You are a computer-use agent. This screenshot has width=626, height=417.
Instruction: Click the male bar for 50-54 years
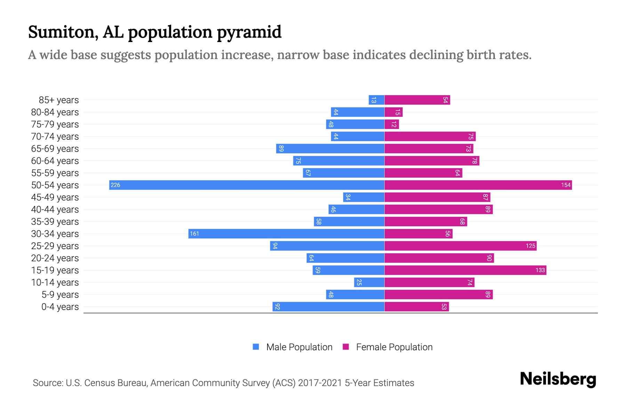pyautogui.click(x=247, y=185)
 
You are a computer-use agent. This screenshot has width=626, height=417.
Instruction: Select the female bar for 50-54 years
pyautogui.click(x=478, y=185)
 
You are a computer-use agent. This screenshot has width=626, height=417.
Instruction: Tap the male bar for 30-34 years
pyautogui.click(x=286, y=234)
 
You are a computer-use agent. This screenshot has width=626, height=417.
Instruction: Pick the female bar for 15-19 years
pyautogui.click(x=465, y=270)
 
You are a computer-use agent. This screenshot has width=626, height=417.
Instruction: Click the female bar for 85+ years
pyautogui.click(x=417, y=100)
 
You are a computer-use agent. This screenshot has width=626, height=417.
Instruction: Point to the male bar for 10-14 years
pyautogui.click(x=369, y=282)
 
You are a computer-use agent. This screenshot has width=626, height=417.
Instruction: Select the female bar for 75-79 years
pyautogui.click(x=392, y=124)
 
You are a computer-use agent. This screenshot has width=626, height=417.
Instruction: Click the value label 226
pyautogui.click(x=115, y=185)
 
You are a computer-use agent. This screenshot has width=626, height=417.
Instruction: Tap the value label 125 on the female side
pyautogui.click(x=530, y=246)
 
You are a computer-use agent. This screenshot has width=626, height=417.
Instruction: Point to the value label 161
pyautogui.click(x=194, y=234)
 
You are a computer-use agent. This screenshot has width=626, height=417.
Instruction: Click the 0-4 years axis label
pyautogui.click(x=60, y=307)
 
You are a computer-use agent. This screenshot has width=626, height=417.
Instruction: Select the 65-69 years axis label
pyautogui.click(x=55, y=149)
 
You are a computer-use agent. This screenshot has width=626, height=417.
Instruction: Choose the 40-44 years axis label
pyautogui.click(x=55, y=210)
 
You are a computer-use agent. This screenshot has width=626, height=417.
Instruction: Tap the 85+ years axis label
pyautogui.click(x=59, y=100)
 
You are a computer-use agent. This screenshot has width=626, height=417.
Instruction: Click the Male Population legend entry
pyautogui.click(x=299, y=347)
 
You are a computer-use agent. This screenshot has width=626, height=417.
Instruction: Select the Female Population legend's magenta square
pyautogui.click(x=346, y=347)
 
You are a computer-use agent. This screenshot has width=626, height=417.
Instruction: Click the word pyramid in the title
pyautogui.click(x=249, y=32)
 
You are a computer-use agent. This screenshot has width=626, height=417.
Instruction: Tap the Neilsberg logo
pyautogui.click(x=558, y=379)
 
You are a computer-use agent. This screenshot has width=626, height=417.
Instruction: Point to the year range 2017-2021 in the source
pyautogui.click(x=320, y=383)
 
